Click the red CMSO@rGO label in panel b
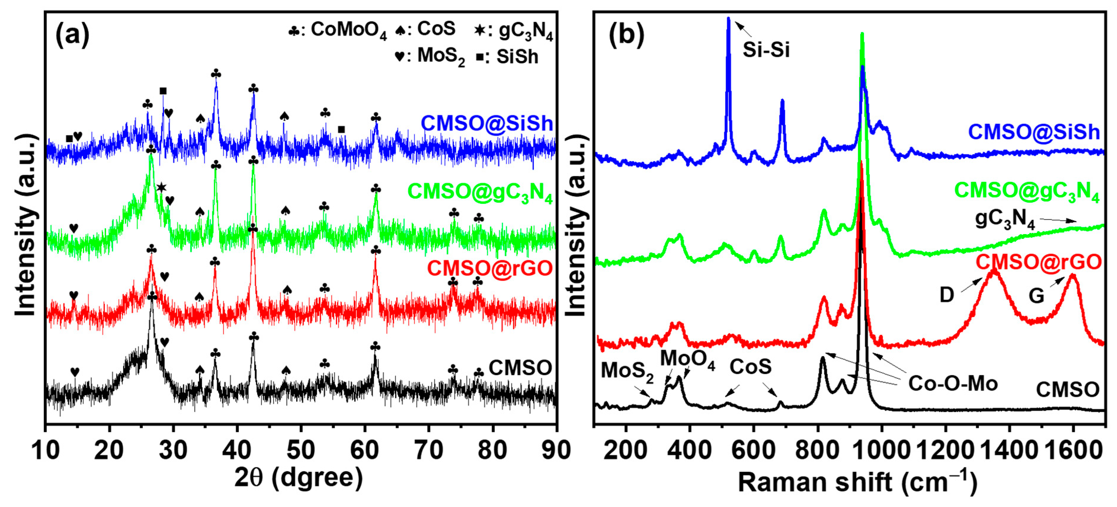pos(1039,262)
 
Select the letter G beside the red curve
pos(1036,296)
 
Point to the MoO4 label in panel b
pos(687,359)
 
